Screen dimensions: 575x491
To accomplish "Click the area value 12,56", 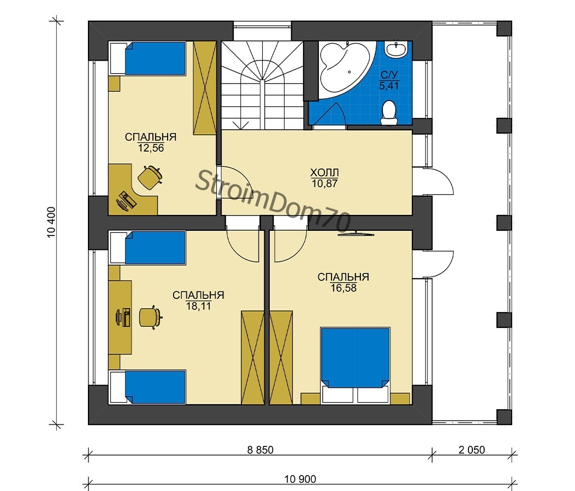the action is point(151,148).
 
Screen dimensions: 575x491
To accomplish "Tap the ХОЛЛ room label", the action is point(324,172).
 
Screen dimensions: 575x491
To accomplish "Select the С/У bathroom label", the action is point(389,75).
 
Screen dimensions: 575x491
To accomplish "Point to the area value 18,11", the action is point(198,306).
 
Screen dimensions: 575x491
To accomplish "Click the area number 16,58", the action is point(343,288).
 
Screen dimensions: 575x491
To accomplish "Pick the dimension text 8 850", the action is point(260,450).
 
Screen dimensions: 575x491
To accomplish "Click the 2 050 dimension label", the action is point(472,450).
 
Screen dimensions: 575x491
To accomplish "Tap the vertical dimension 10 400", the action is point(51,223).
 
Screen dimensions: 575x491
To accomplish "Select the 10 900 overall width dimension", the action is point(300,479).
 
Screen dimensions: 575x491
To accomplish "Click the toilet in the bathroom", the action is point(389,113).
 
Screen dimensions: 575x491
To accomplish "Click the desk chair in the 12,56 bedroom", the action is point(150,177).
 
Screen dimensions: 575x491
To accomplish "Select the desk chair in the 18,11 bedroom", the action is point(150,317).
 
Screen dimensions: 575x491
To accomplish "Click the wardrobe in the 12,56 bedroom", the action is point(205,88).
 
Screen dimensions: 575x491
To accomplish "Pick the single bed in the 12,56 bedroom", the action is point(148,58).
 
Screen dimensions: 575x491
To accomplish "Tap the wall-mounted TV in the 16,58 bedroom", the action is point(356,233).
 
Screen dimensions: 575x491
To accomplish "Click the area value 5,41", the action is point(389,86).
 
